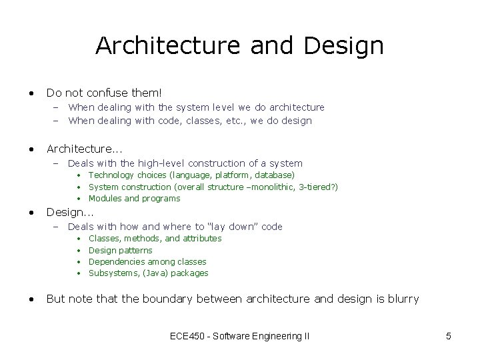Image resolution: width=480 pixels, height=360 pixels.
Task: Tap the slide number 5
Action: (448, 337)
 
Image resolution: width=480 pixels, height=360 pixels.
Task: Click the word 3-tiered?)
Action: (318, 187)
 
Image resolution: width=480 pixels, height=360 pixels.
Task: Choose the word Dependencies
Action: (117, 261)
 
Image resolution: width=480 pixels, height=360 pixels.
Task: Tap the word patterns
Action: (136, 250)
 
